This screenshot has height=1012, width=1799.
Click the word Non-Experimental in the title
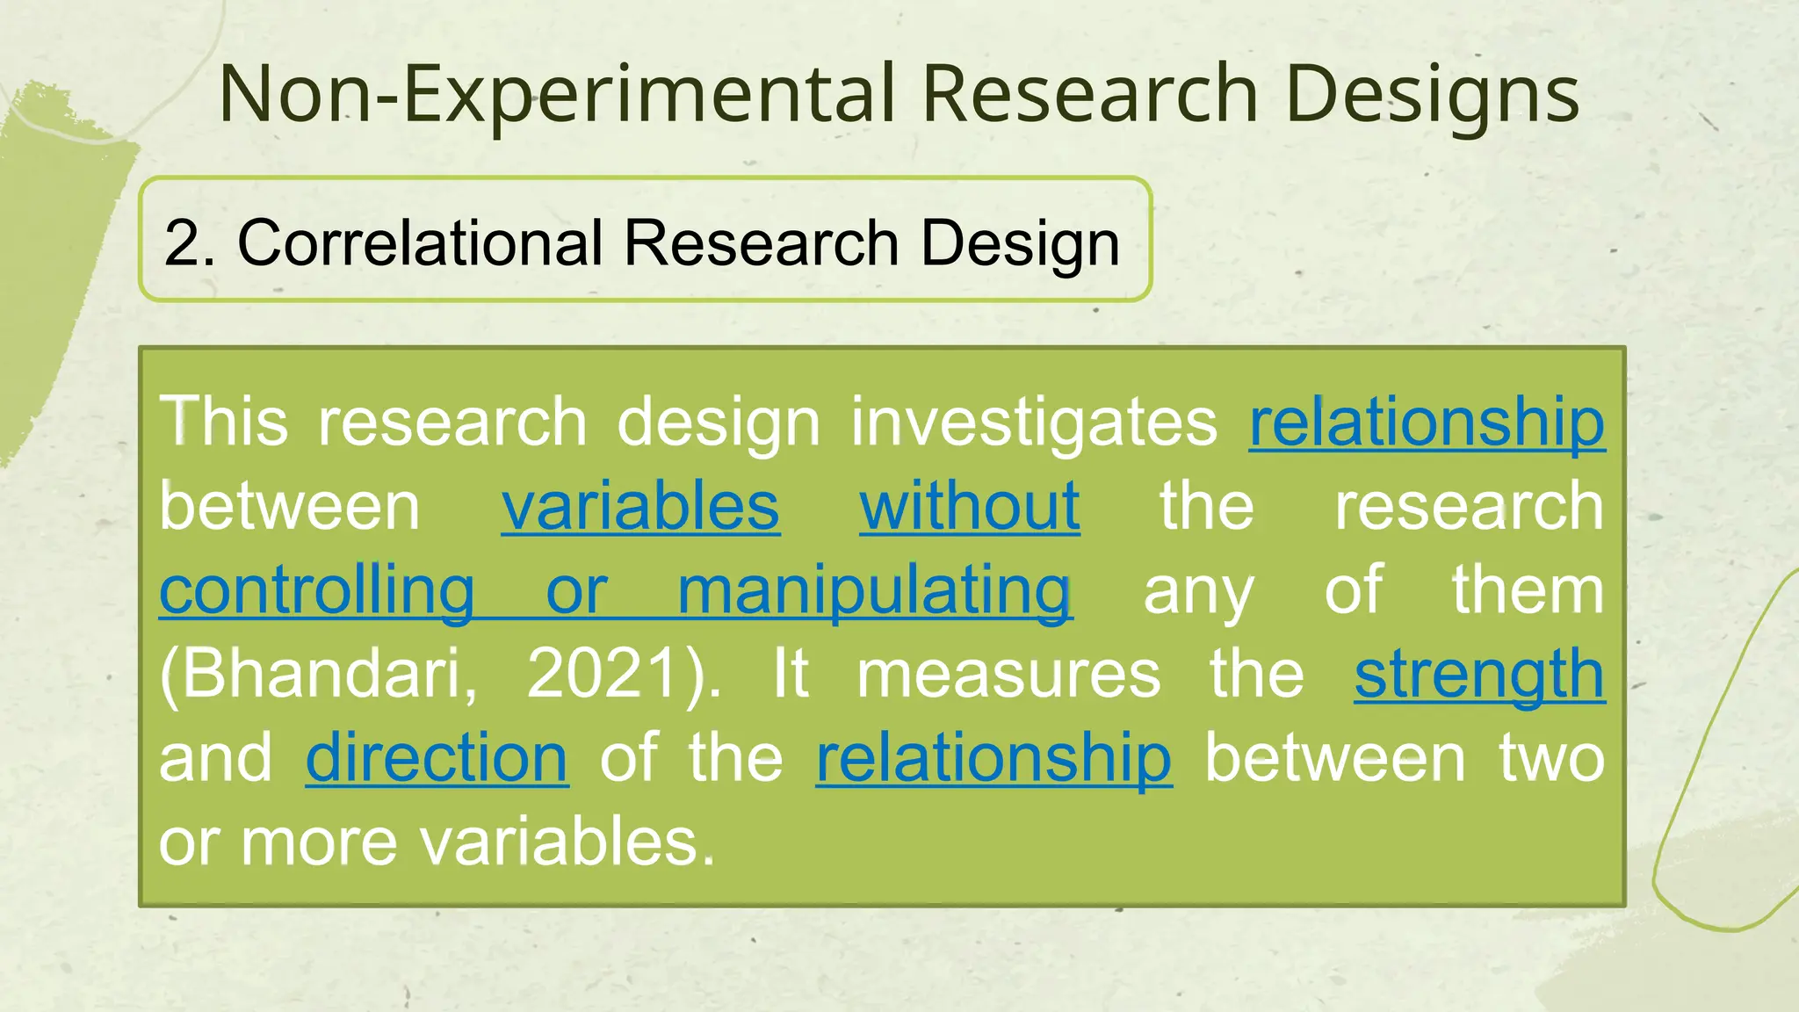555,93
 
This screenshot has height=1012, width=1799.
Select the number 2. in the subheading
190,242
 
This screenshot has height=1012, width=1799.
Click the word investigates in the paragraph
1033,422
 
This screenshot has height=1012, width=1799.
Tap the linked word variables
640,506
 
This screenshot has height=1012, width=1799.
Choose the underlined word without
970,506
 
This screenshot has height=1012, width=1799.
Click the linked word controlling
317,590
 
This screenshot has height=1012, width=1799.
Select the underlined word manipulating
874,590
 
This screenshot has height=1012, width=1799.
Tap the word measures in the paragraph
1008,674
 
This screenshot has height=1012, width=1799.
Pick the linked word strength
1479,674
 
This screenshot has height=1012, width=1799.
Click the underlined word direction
437,757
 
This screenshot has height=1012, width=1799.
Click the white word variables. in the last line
567,842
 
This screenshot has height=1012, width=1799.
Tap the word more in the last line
319,842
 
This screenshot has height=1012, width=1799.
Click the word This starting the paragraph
224,422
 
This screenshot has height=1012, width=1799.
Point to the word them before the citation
1528,590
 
